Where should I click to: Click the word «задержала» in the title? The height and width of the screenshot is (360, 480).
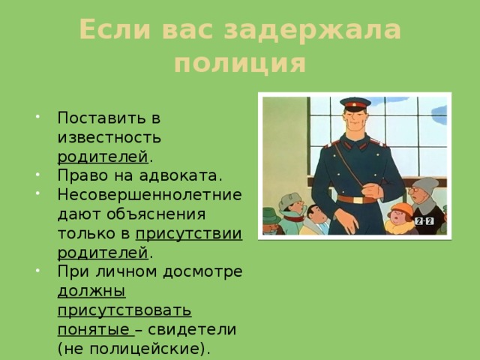[x=312, y=29]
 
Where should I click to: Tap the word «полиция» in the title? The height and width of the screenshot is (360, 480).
[x=240, y=64]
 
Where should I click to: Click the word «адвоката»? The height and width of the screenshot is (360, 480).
[x=181, y=175]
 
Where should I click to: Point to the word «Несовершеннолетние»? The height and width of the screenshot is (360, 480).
[x=150, y=194]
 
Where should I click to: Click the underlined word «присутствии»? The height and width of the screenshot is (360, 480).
[x=189, y=234]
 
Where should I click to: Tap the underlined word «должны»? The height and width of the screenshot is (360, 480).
[x=91, y=292]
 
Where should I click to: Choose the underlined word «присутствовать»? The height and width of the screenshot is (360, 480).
[x=124, y=311]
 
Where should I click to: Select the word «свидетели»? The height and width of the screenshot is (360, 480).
[x=192, y=330]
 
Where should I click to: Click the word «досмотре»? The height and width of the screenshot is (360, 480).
[x=202, y=271]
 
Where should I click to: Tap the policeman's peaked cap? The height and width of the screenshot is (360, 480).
[x=355, y=104]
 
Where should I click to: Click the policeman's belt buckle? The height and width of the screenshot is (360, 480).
[x=357, y=200]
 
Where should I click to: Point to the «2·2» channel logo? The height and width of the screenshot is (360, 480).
[x=424, y=221]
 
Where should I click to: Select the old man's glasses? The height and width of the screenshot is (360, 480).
[x=413, y=190]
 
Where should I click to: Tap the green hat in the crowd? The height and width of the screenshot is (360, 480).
[x=271, y=215]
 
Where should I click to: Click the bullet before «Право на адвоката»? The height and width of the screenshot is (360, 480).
[x=37, y=175]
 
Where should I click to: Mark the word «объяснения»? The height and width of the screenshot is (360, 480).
[x=156, y=214]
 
